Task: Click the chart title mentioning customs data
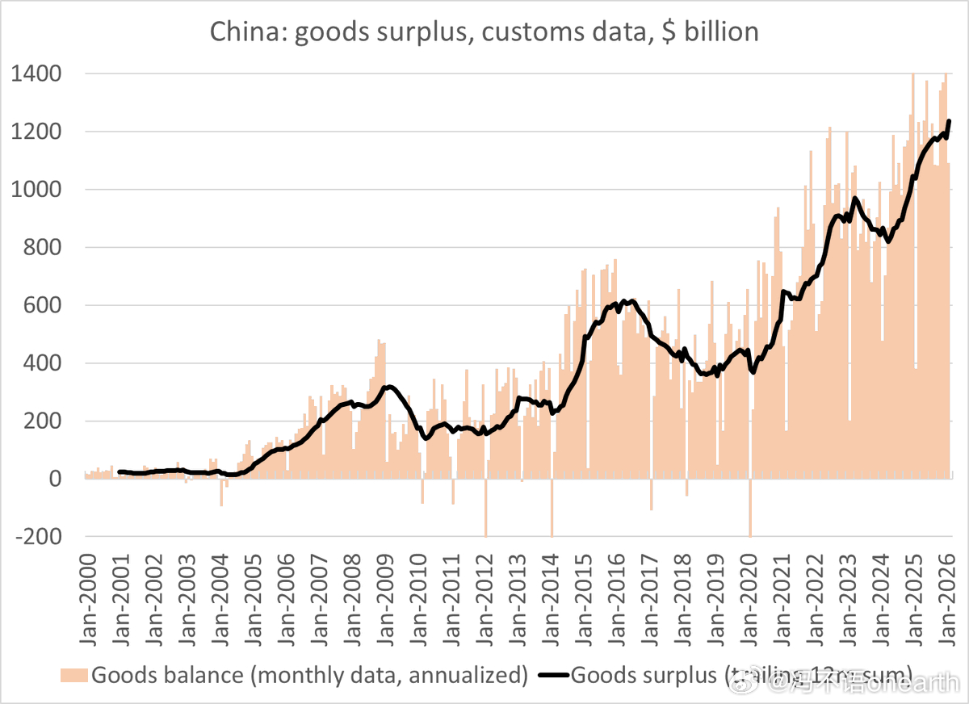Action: coord(484,31)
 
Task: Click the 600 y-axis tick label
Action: coord(44,305)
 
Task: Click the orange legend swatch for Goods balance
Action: coord(74,675)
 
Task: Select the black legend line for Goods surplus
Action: coord(549,675)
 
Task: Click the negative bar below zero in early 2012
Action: coord(485,509)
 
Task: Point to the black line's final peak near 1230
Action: coord(950,122)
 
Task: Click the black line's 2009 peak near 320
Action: coord(389,387)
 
